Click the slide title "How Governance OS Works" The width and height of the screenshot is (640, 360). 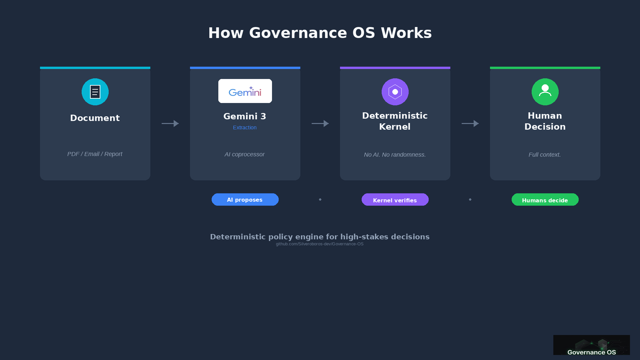(x=320, y=33)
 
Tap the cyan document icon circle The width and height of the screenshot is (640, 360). (x=95, y=92)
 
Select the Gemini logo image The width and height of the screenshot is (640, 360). (x=245, y=91)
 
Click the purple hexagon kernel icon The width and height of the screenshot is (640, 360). (x=395, y=92)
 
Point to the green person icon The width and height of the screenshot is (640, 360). (x=545, y=92)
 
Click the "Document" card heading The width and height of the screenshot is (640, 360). (x=95, y=118)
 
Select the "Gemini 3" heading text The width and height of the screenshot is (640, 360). (x=245, y=116)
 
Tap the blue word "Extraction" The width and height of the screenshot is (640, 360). (x=245, y=128)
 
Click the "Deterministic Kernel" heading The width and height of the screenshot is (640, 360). (x=395, y=121)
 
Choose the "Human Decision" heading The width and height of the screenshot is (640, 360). (x=545, y=121)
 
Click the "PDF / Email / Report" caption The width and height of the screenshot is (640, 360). (x=95, y=154)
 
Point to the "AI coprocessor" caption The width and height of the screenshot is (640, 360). (x=245, y=154)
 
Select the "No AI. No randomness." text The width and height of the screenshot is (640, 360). (x=395, y=155)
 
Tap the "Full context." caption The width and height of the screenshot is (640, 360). (x=545, y=155)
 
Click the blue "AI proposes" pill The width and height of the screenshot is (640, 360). (x=245, y=200)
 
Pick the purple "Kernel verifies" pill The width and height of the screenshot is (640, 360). (x=395, y=200)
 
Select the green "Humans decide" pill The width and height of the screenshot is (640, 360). (x=545, y=200)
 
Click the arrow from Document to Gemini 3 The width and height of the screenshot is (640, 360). (x=170, y=123)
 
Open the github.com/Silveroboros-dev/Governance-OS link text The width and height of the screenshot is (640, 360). (x=320, y=244)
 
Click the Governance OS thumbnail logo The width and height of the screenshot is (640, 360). (x=592, y=345)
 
